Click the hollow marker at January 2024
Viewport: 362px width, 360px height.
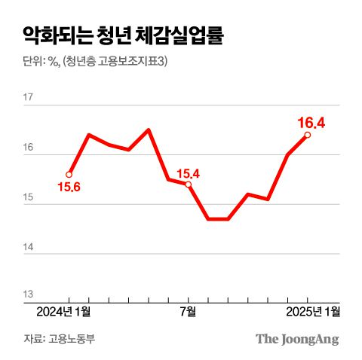click(x=69, y=174)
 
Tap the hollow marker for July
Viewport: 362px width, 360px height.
click(x=189, y=184)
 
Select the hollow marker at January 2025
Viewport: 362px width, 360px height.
click(x=307, y=135)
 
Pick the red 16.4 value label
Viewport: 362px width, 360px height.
click(x=311, y=121)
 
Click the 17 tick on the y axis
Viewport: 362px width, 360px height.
click(x=29, y=98)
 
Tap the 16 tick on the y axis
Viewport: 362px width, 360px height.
click(x=29, y=148)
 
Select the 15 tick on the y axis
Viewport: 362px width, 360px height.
click(x=29, y=197)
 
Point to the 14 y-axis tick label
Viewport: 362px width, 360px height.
click(x=29, y=246)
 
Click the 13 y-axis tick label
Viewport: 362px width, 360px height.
click(x=29, y=295)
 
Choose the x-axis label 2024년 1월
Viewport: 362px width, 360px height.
click(x=63, y=310)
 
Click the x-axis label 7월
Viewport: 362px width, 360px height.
click(x=188, y=310)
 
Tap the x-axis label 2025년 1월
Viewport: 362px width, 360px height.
click(x=313, y=310)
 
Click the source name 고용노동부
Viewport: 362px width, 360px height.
click(x=75, y=338)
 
